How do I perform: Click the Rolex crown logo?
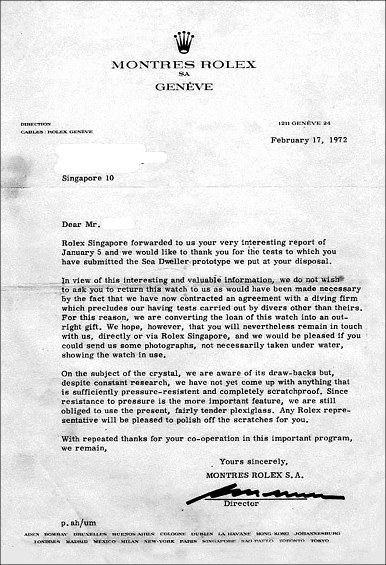click(x=183, y=42)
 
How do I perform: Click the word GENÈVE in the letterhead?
click(x=184, y=87)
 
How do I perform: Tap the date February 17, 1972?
click(x=309, y=140)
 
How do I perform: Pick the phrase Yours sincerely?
click(x=254, y=462)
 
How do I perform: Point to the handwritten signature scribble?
click(x=265, y=494)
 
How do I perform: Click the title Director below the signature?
click(x=241, y=504)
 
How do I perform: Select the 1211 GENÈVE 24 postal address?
click(x=305, y=124)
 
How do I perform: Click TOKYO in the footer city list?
click(x=319, y=541)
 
